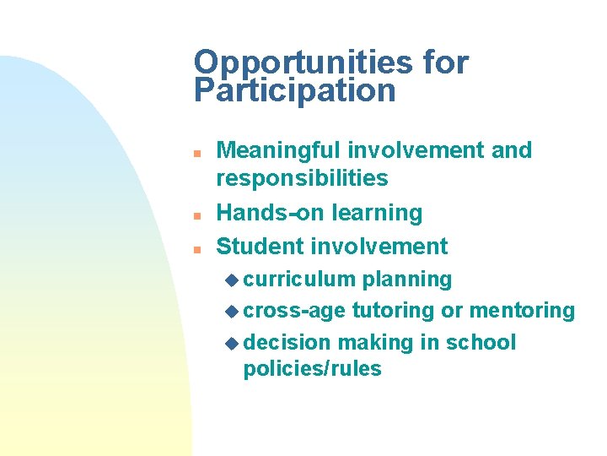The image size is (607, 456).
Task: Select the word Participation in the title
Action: point(294,90)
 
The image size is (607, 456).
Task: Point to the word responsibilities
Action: point(302,178)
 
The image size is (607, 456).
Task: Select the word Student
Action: point(260,247)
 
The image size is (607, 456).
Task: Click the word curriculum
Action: point(299,280)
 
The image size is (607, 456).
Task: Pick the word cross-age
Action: point(294,311)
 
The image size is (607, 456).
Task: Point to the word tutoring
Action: point(393,311)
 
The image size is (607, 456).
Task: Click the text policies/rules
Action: point(312,369)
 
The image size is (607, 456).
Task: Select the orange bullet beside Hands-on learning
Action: point(195,216)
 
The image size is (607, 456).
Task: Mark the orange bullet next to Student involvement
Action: point(195,250)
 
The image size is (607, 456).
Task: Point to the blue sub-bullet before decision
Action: point(234,344)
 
